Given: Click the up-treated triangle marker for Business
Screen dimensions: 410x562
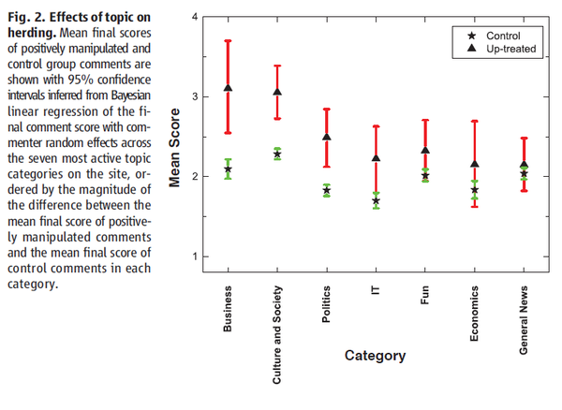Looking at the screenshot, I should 228,88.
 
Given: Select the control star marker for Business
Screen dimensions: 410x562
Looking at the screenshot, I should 228,169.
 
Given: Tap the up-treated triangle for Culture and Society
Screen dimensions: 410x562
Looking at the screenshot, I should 277,92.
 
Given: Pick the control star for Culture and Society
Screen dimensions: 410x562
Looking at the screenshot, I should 277,154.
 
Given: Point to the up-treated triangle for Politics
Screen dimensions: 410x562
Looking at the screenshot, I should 326,138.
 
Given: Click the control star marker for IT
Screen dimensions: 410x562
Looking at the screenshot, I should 376,200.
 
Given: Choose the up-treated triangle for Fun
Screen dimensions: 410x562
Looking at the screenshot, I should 425,150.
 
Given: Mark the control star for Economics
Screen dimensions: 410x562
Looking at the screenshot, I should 475,190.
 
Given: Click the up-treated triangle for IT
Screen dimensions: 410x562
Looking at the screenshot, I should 376,159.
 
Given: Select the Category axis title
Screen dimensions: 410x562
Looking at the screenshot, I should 375,356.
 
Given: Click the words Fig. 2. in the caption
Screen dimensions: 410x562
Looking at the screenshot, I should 24,21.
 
